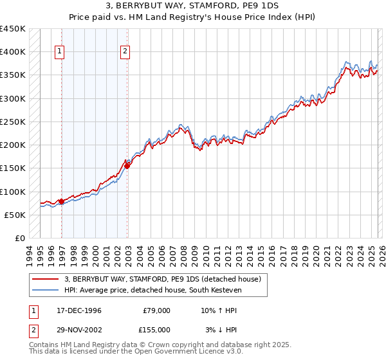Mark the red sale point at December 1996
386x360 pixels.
click(62, 201)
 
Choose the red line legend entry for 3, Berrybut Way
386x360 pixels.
click(162, 279)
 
